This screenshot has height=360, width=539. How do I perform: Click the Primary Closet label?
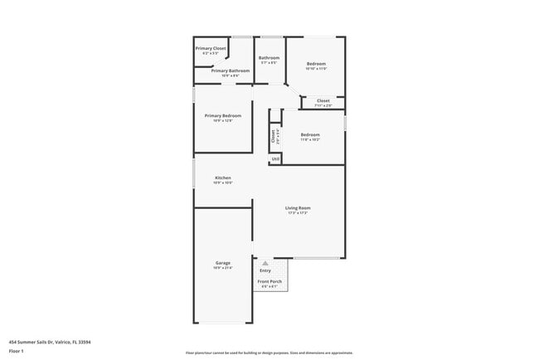coord(211,48)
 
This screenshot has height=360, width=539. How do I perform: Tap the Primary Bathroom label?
coord(225,71)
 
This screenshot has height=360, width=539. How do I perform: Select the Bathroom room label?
coord(269,57)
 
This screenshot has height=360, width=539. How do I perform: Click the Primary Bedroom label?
coord(223,115)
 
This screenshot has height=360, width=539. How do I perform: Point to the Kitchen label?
coord(223,178)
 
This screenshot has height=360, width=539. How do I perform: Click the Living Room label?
coord(298,207)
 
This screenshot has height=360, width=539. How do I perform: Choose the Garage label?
coord(223,263)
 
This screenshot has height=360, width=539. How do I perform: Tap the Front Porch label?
coord(269,281)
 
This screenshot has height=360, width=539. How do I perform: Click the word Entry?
coord(265,270)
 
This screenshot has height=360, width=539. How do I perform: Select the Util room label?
coord(275,158)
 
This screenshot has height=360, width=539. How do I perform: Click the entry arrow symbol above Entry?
coord(265,263)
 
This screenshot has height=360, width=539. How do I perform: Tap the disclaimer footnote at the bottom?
coord(269,353)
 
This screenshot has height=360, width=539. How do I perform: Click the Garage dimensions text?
coord(223,268)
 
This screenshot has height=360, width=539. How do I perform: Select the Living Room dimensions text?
coord(298,213)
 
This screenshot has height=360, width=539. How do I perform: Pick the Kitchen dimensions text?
coord(223,183)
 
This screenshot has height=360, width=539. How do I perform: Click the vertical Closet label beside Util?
coord(274,137)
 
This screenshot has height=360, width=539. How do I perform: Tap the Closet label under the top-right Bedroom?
coord(323,101)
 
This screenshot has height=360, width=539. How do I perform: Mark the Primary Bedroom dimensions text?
coord(223,121)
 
